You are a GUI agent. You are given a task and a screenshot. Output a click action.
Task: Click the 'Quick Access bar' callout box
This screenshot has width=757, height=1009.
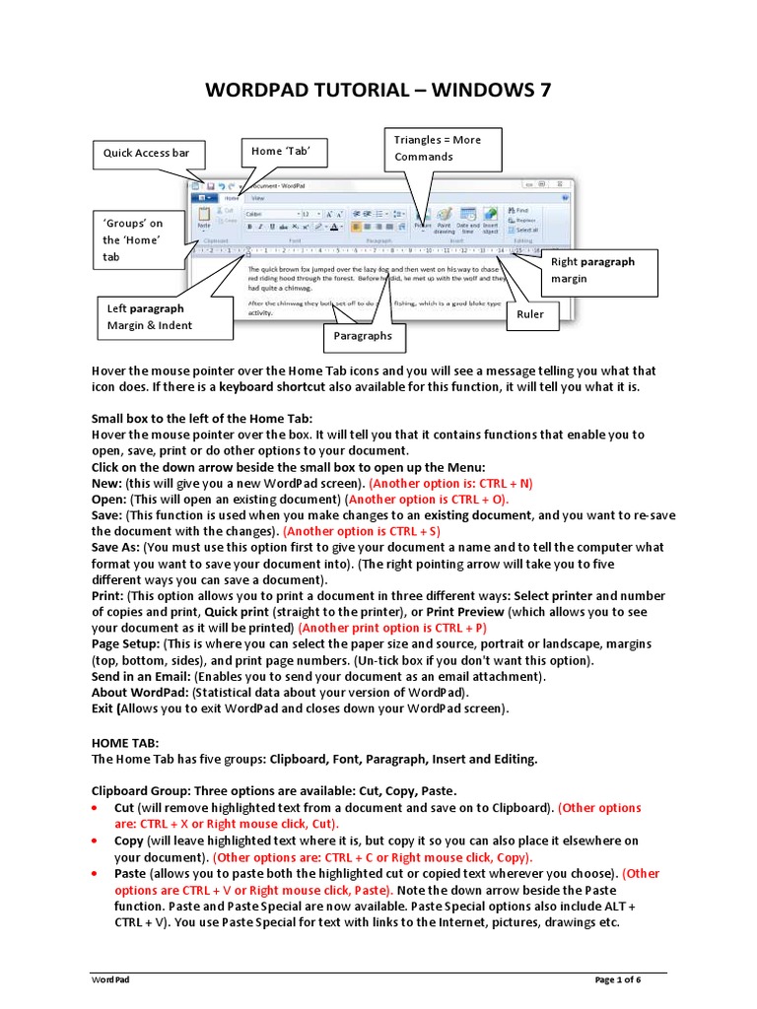pos(147,154)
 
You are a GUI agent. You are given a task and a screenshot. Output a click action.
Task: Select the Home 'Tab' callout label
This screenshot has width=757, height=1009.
pos(283,152)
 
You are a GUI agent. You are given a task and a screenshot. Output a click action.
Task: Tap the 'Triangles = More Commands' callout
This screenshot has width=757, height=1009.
pos(438,149)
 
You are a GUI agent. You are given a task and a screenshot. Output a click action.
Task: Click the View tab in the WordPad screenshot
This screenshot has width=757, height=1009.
pos(257,198)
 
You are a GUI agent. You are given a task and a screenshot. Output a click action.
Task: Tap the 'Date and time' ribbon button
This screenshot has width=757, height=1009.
pos(468,220)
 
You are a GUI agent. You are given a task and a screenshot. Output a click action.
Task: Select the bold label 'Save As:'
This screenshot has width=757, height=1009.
pos(115,548)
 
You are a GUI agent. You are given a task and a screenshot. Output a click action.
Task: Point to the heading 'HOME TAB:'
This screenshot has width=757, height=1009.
pos(124,743)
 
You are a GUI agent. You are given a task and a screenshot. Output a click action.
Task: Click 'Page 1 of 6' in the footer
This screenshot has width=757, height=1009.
pos(617,980)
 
